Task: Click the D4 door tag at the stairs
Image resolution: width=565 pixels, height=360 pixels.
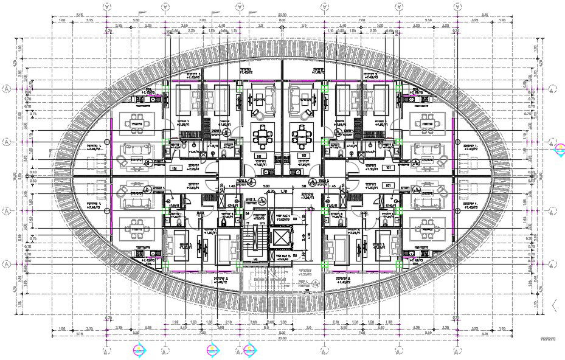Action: point(251,182)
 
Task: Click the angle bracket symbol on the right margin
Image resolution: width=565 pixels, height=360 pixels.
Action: point(553,303)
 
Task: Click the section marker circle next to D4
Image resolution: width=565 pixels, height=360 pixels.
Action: point(266,186)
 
